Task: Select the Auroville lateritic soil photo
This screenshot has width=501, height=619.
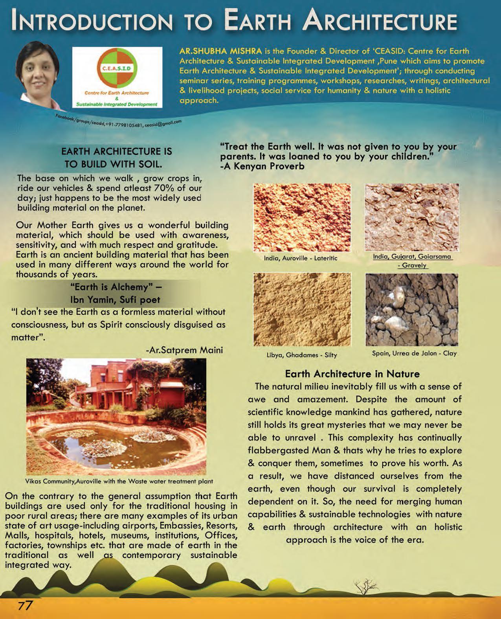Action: coord(302,218)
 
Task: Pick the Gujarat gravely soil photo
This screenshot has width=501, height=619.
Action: coord(412,218)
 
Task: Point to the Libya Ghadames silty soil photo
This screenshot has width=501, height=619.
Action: coord(302,309)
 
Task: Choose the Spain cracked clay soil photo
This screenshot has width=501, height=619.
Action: coord(412,309)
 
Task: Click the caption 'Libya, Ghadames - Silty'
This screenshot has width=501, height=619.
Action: coord(302,355)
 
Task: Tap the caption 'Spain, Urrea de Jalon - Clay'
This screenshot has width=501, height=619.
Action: coord(414,353)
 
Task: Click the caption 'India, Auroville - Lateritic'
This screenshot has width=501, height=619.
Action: coord(301,258)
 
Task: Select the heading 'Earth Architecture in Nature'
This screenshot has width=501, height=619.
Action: coord(352,373)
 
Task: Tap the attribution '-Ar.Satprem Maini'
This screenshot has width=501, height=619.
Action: coord(184,350)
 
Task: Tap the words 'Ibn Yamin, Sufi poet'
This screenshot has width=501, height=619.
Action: coord(115,300)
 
